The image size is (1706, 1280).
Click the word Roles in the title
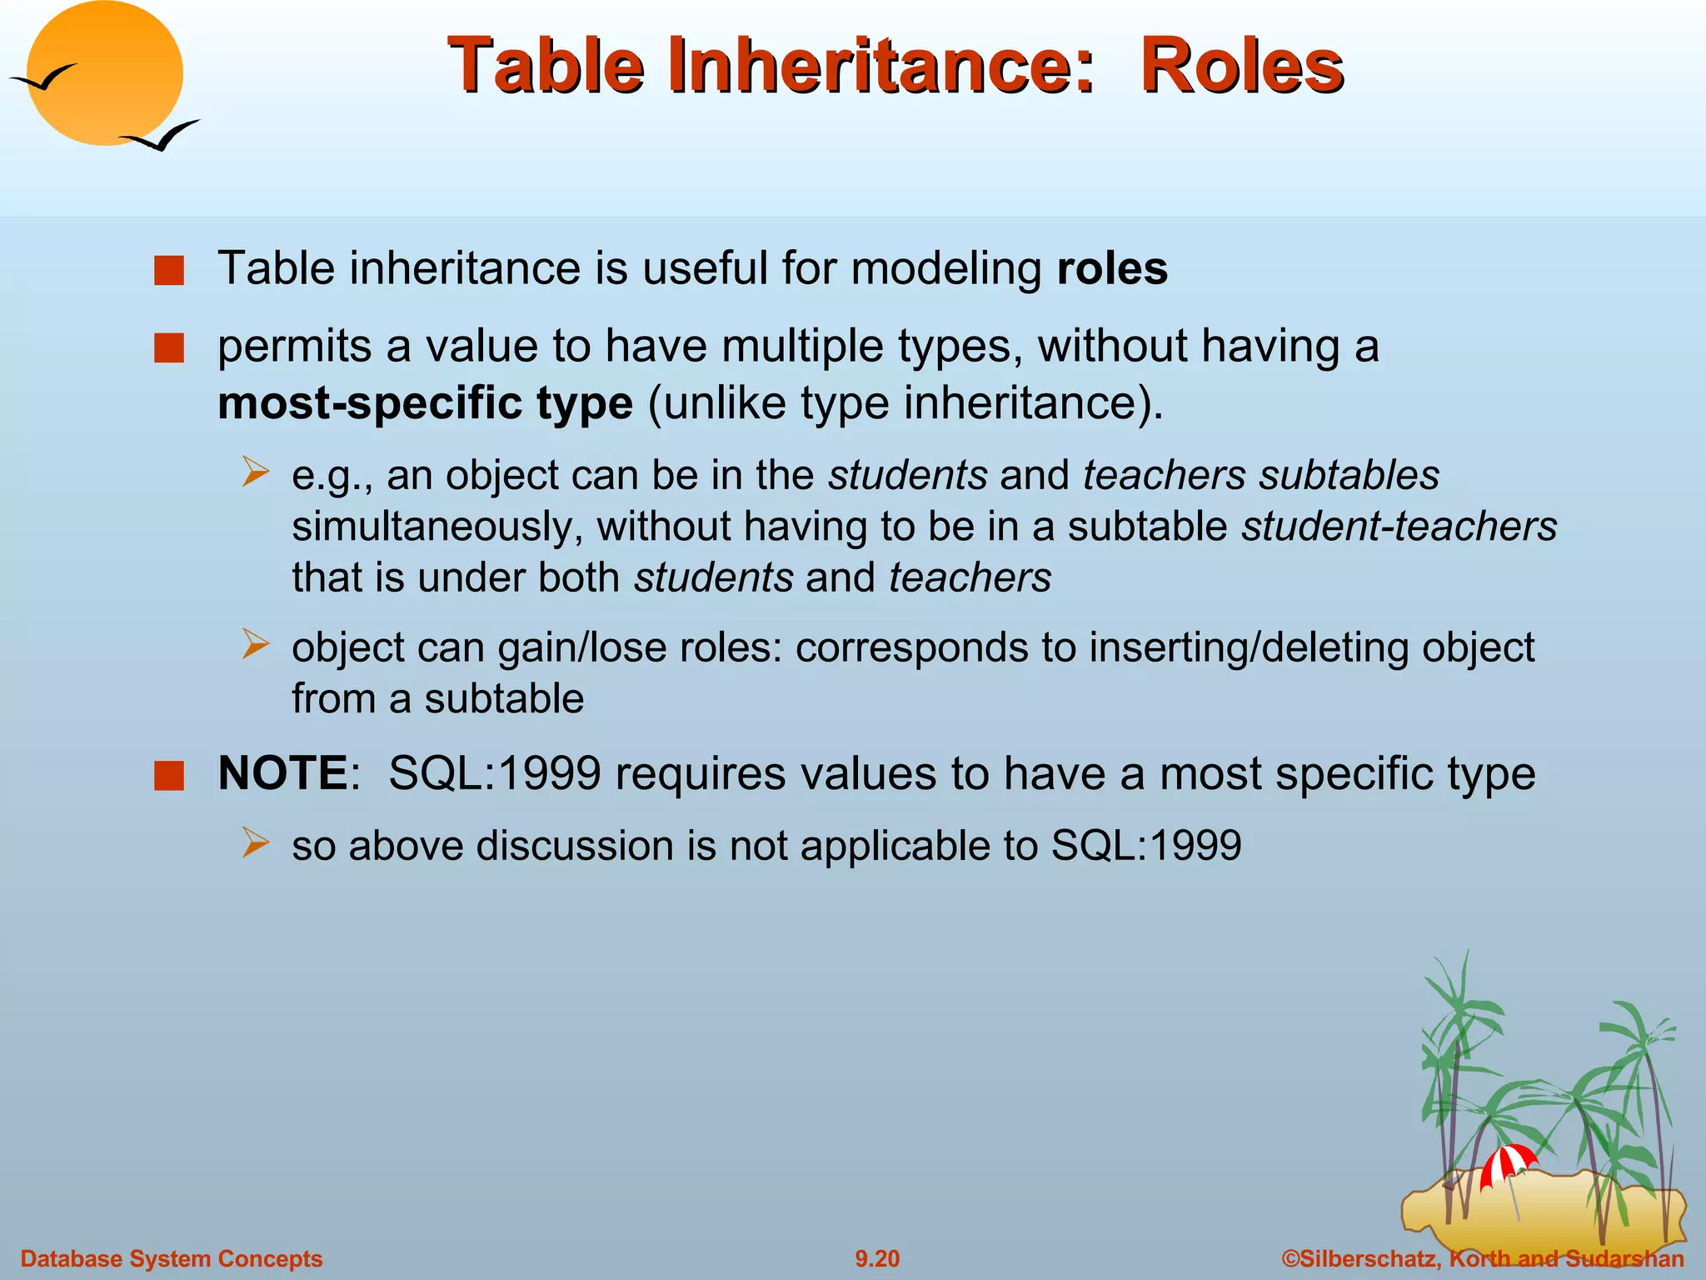(x=1241, y=67)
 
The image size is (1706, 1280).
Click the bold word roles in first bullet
(x=1112, y=269)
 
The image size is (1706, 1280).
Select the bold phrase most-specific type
(x=425, y=403)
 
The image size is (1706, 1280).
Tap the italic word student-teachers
(x=1399, y=527)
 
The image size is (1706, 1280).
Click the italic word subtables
(x=1349, y=476)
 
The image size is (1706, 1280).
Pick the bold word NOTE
(x=282, y=773)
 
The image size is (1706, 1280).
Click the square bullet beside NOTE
(x=169, y=775)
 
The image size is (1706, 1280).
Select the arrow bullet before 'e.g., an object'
(x=255, y=472)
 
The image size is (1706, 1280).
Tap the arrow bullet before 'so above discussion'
(x=255, y=842)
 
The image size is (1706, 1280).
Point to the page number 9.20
(x=877, y=1258)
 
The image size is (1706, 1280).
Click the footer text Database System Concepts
(x=171, y=1258)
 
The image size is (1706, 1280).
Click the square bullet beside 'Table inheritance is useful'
(x=169, y=271)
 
